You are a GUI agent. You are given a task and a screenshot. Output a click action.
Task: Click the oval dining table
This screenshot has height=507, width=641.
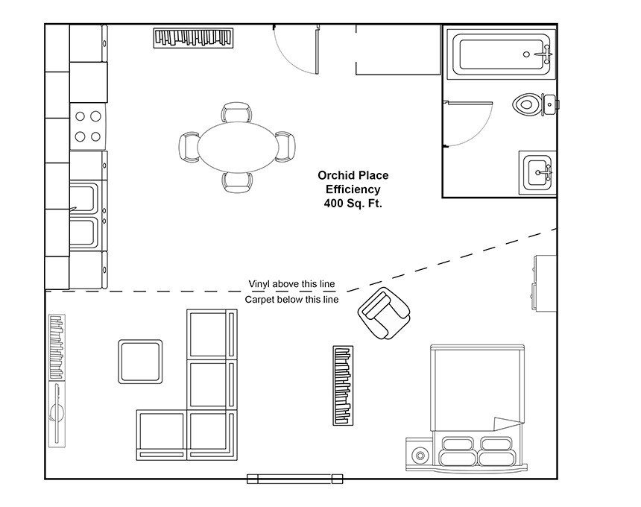(x=237, y=147)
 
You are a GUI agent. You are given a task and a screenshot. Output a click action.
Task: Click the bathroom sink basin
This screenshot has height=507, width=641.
(x=537, y=172)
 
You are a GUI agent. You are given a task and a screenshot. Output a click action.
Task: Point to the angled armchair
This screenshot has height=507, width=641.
(x=384, y=313)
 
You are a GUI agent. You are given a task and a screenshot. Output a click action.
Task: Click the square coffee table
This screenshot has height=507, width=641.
(x=140, y=362)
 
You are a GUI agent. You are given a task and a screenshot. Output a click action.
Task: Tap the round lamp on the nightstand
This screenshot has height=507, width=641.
(x=420, y=455)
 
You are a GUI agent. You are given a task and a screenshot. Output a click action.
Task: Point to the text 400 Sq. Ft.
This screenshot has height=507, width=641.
(x=353, y=204)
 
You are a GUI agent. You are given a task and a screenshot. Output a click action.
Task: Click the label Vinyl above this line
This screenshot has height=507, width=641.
(x=291, y=284)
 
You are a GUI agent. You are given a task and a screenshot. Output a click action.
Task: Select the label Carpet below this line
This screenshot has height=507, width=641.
(x=291, y=300)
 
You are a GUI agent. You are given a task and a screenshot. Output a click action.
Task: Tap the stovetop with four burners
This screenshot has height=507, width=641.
(x=88, y=126)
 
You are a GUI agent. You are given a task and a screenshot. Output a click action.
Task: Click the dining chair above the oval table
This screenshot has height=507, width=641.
(x=237, y=112)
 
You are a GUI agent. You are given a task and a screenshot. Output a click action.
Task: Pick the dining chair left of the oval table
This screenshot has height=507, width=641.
(x=189, y=147)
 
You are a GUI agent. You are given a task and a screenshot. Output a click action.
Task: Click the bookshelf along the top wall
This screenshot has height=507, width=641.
(x=193, y=38)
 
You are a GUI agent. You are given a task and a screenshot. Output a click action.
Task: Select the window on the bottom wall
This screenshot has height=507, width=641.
(x=294, y=479)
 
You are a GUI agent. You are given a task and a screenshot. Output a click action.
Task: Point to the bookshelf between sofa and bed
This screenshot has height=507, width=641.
(x=343, y=385)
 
